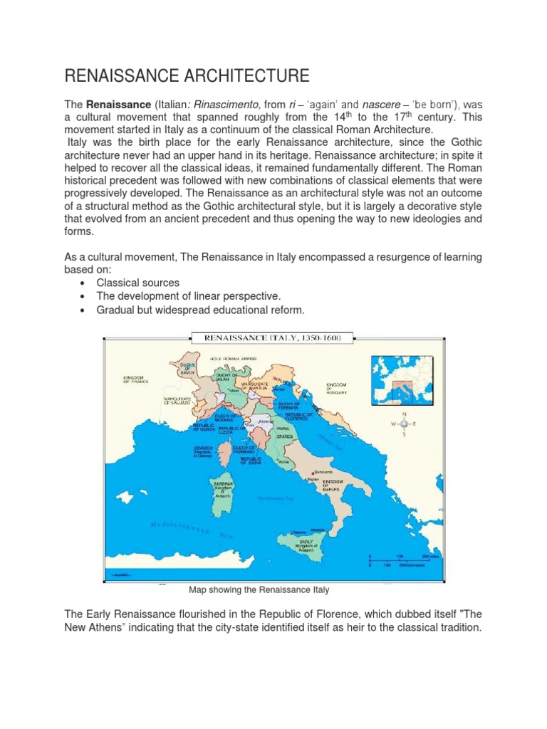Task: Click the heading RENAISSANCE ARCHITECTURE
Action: click(187, 76)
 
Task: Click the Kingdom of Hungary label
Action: click(336, 387)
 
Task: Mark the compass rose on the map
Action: click(404, 423)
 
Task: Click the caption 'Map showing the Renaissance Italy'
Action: click(259, 590)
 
